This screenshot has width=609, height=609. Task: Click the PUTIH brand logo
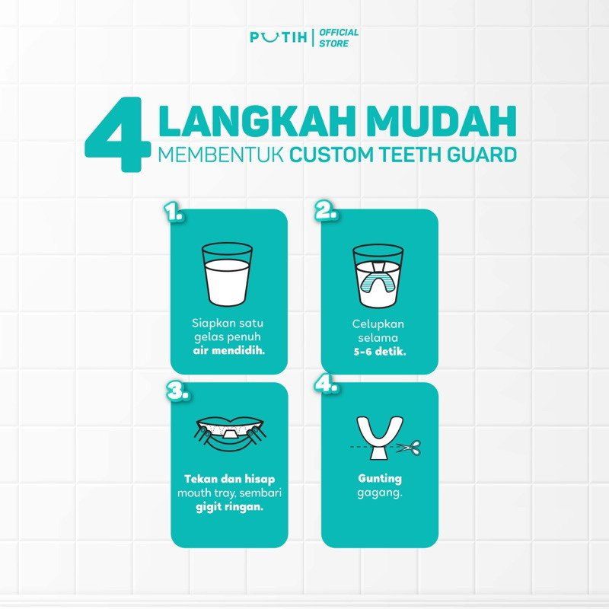pyautogui.click(x=279, y=37)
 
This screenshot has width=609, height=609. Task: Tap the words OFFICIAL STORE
pyautogui.click(x=339, y=37)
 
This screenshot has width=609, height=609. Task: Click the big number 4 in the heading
pyautogui.click(x=118, y=135)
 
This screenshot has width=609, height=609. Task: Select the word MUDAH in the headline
pyautogui.click(x=442, y=120)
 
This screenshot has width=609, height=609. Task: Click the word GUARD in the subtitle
pyautogui.click(x=482, y=155)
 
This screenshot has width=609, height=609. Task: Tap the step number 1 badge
pyautogui.click(x=174, y=212)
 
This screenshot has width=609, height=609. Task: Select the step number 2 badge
pyautogui.click(x=326, y=212)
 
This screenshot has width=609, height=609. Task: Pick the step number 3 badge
pyautogui.click(x=178, y=391)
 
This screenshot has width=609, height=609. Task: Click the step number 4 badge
pyautogui.click(x=327, y=384)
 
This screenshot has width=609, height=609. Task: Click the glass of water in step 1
pyautogui.click(x=227, y=274)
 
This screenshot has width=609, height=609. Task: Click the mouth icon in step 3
pyautogui.click(x=231, y=435)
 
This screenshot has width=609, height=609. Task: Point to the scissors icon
pyautogui.click(x=409, y=447)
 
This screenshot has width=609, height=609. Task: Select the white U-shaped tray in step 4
pyautogui.click(x=379, y=438)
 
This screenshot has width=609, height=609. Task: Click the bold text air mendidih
pyautogui.click(x=229, y=351)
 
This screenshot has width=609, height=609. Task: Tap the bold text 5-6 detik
pyautogui.click(x=379, y=352)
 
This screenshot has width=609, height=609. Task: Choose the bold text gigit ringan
pyautogui.click(x=229, y=507)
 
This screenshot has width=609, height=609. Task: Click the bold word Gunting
pyautogui.click(x=379, y=479)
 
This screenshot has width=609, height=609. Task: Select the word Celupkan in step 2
pyautogui.click(x=378, y=324)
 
